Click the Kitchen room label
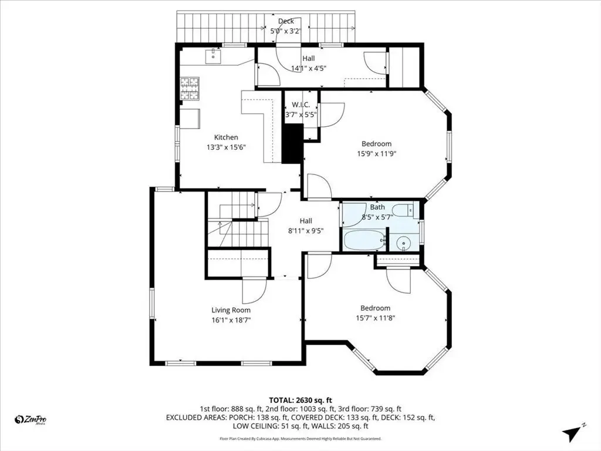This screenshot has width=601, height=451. pos(226,137)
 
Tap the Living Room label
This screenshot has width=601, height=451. pos(231,310)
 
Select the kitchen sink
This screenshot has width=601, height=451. pos(213,56)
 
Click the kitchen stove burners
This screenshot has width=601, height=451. pos(190,89)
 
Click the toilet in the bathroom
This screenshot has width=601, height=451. pos(404,211)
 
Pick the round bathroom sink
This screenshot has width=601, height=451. pos(403,243)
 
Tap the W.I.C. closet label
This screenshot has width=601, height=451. pos(301,105)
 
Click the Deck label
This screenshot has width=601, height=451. pos(286,21)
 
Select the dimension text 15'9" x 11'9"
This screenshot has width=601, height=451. pos(376,154)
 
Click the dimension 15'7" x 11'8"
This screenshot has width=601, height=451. pos(375,318)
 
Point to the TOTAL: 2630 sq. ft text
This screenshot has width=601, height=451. pos(300,400)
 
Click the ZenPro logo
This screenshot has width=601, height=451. pos(31,420)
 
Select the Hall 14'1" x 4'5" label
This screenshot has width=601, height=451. pos(309,63)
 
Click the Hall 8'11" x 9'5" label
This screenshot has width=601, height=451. pos(306,226)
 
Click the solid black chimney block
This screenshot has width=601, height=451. pos(293,143)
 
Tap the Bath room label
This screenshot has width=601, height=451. pos(377,207)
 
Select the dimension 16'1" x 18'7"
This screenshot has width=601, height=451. pos(231,320)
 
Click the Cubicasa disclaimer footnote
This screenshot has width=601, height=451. pos(300,438)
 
